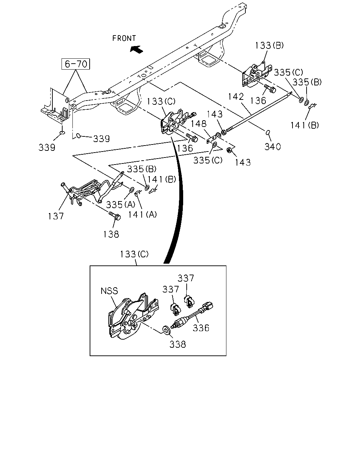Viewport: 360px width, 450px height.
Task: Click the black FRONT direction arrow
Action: point(136,49)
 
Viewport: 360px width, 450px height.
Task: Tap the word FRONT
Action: point(124,38)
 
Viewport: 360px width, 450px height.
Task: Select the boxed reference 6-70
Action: point(76,64)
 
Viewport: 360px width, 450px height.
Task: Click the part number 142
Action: point(236,97)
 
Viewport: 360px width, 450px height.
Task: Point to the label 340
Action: point(272,147)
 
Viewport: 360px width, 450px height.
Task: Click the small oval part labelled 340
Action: point(268,133)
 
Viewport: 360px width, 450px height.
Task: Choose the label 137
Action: point(56,216)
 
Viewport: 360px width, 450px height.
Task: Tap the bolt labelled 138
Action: point(115,216)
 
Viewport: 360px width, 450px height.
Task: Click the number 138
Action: point(111,234)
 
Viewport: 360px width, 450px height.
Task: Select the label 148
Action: point(199,124)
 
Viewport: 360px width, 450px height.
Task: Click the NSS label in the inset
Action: point(109,291)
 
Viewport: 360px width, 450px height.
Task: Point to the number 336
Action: point(201,328)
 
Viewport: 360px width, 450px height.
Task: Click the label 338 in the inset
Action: point(178,345)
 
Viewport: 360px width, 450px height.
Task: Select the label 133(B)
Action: point(269,45)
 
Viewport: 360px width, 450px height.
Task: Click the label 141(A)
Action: point(142,214)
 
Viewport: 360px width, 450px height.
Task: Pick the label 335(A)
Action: point(121,205)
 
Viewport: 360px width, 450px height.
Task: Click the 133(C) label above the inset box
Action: point(134,254)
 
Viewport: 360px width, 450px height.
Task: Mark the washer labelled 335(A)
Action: point(132,190)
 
